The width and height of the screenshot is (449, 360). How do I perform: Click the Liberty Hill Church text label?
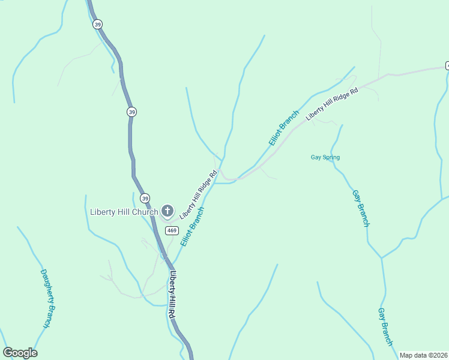(x=124, y=211)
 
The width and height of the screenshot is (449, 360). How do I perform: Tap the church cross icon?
(x=167, y=211)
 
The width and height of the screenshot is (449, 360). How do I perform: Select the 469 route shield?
(x=172, y=230)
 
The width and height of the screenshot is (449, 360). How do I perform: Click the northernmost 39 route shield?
(x=97, y=25)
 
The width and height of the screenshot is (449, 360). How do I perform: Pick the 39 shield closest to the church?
(x=145, y=198)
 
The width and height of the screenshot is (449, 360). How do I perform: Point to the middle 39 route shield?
(x=131, y=112)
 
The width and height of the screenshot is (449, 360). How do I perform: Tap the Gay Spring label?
(x=325, y=158)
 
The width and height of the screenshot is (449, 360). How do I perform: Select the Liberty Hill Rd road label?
(x=172, y=295)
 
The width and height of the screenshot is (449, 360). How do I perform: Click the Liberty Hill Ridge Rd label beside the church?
(x=198, y=194)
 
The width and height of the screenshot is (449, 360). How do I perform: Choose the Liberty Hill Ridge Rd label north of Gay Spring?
(x=332, y=104)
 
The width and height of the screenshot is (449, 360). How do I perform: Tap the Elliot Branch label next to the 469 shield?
(x=193, y=226)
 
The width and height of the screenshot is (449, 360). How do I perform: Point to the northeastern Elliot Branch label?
(x=284, y=128)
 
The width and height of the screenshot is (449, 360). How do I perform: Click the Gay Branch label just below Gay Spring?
(x=361, y=208)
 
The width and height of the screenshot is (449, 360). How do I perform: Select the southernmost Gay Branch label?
(x=385, y=327)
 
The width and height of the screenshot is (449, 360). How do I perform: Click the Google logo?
(x=20, y=353)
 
